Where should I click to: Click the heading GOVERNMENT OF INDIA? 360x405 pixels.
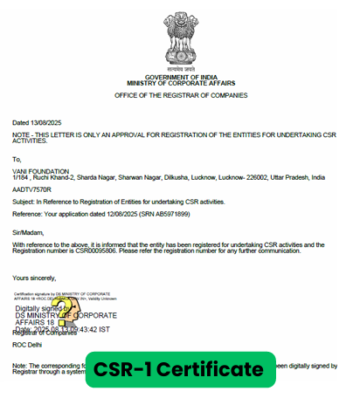(180, 77)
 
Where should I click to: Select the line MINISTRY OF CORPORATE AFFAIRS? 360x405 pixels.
(180, 83)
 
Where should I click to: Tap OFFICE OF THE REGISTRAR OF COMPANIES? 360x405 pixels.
(180, 95)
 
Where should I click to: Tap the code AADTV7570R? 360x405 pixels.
(32, 188)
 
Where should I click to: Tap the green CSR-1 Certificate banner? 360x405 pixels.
(179, 369)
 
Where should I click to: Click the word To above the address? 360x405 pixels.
(17, 159)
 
